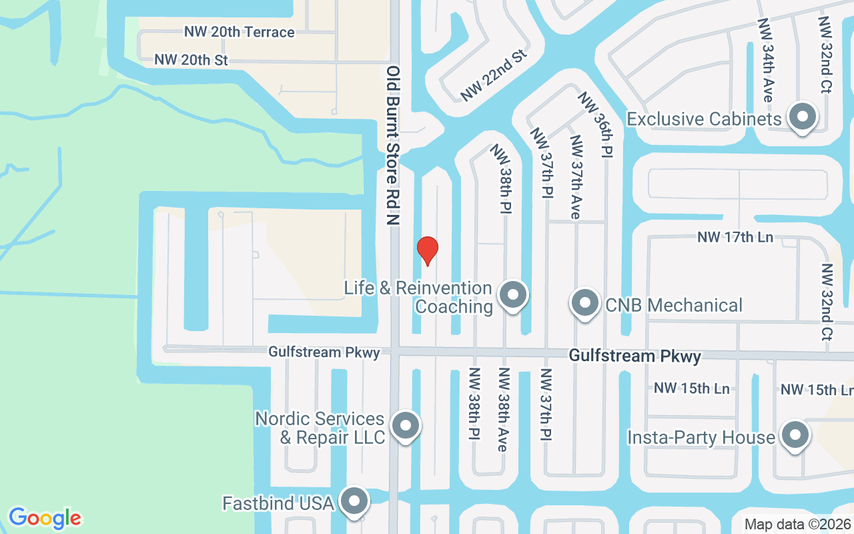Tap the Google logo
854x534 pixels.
tap(45, 518)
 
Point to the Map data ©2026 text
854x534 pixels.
tap(798, 525)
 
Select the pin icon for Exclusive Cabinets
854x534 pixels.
tap(803, 117)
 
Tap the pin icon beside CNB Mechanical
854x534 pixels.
tap(585, 304)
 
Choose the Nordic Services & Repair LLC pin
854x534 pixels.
tap(404, 426)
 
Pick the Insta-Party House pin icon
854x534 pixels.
tap(795, 436)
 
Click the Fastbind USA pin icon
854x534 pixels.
tap(354, 501)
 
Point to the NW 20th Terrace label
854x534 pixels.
tap(240, 32)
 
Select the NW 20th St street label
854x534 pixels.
tap(191, 60)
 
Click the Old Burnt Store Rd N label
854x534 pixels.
tap(394, 145)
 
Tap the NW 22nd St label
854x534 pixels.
tap(494, 75)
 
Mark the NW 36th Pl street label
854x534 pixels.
tap(595, 125)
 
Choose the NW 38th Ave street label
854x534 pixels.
tap(504, 409)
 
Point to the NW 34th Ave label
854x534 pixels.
tap(765, 60)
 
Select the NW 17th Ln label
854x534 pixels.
tap(735, 237)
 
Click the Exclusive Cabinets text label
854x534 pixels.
tap(704, 119)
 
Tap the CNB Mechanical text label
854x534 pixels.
tap(674, 305)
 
